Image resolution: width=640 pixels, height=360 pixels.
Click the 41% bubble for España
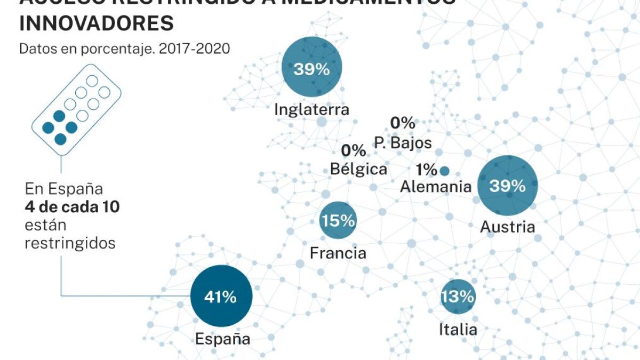[221, 296]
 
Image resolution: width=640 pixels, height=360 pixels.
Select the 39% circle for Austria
[508, 185]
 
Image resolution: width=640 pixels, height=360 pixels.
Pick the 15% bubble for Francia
[338, 220]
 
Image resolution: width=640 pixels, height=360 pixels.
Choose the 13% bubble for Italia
[458, 297]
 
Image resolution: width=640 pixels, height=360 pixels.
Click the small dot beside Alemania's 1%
[444, 171]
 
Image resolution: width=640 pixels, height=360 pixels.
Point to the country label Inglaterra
[311, 110]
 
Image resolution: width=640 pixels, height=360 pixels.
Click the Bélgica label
[358, 169]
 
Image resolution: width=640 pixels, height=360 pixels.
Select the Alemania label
[436, 187]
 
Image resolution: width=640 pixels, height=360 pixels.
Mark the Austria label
[507, 227]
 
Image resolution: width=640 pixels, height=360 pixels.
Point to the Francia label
[338, 253]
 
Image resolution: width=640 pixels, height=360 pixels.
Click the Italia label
[458, 330]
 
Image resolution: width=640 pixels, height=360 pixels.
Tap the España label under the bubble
[222, 339]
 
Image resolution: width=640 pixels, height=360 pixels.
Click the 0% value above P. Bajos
[402, 123]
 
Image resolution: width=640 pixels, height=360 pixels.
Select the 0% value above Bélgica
[354, 150]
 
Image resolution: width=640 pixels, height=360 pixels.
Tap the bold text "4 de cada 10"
[71, 207]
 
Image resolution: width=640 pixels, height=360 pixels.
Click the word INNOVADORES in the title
[97, 23]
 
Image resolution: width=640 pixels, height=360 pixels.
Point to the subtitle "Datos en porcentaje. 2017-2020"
[125, 49]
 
